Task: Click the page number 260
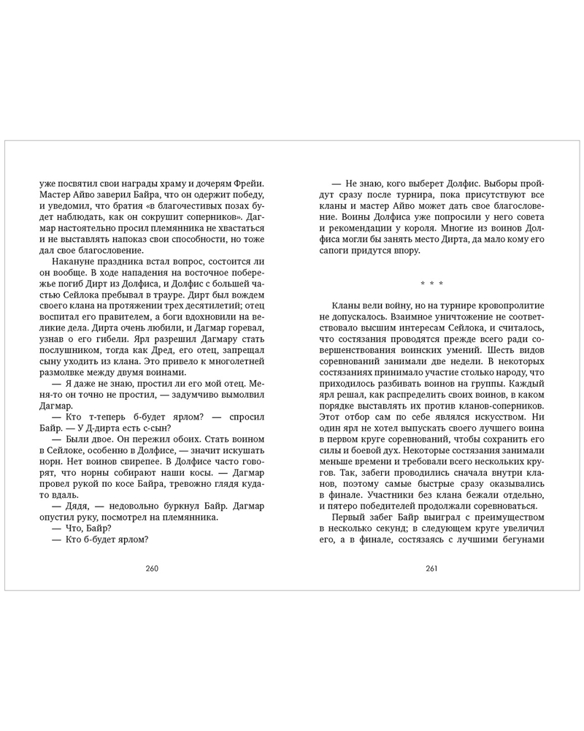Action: pyautogui.click(x=152, y=568)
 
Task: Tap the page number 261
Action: pyautogui.click(x=430, y=568)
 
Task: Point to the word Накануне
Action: pyautogui.click(x=74, y=262)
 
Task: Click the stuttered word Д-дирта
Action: pyautogui.click(x=108, y=428)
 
